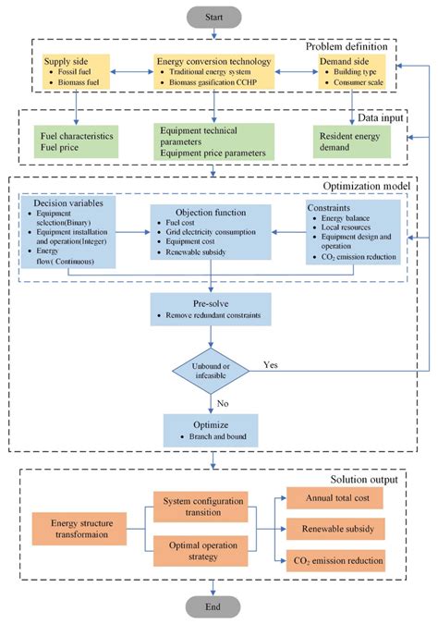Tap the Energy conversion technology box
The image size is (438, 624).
pos(214,72)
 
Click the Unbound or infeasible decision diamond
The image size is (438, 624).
pos(213,368)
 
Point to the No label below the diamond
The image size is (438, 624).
pos(223,403)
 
